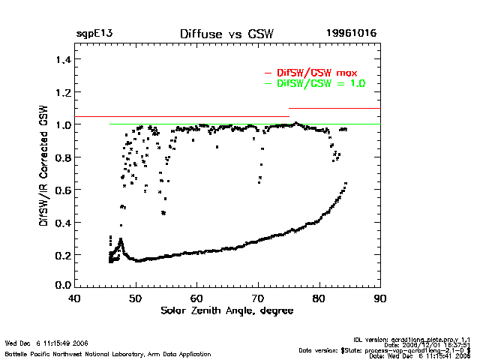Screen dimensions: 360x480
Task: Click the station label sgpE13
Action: click(94, 34)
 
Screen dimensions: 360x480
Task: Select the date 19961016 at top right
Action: click(351, 34)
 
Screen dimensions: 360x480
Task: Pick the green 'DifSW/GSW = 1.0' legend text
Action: click(320, 84)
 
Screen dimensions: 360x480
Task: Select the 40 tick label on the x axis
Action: click(74, 298)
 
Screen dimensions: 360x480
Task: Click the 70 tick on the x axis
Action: click(258, 298)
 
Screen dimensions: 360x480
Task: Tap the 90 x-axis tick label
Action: click(380, 298)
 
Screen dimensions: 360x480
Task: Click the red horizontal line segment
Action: click(334, 109)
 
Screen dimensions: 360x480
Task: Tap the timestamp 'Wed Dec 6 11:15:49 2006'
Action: click(47, 343)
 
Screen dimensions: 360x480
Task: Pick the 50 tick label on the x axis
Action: click(135, 298)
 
